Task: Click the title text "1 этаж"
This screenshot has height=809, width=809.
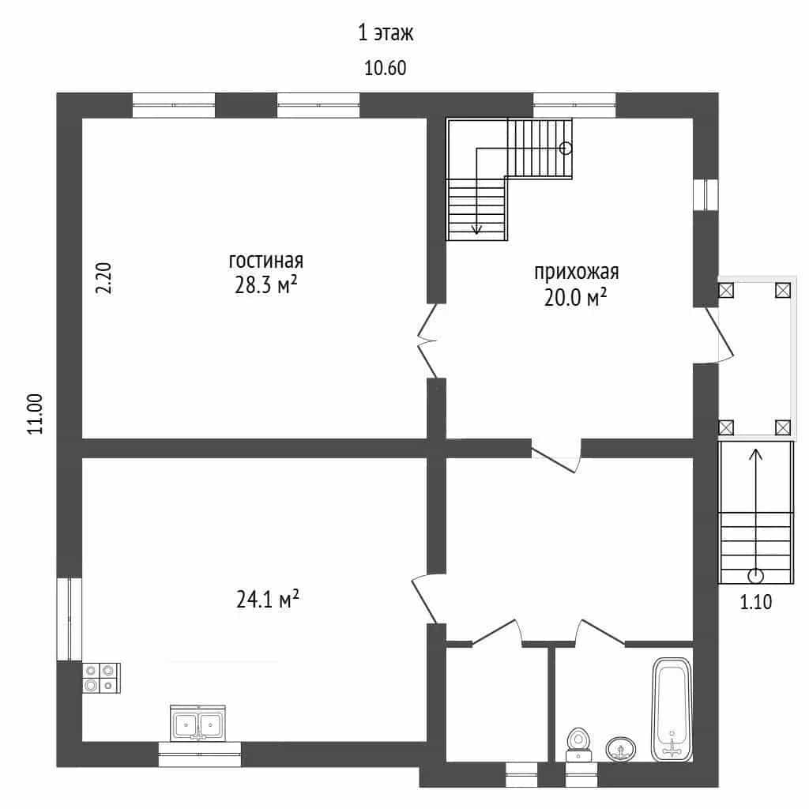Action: (386, 33)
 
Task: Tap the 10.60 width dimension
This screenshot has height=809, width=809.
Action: (386, 68)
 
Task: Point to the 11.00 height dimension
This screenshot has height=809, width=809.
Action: (35, 414)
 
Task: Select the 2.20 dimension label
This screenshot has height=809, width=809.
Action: (103, 278)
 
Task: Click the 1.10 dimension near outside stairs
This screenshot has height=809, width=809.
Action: (756, 602)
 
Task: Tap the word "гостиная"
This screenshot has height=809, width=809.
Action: (265, 261)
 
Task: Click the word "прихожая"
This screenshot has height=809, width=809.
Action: (576, 272)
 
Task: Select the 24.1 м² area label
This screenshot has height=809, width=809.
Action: (268, 599)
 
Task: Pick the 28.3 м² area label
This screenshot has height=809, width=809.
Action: (265, 284)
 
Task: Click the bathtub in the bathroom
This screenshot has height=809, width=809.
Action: (672, 709)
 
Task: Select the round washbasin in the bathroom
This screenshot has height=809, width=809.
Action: (621, 749)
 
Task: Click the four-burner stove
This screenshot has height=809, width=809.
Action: (102, 678)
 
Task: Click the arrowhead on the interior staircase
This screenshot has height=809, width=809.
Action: (476, 230)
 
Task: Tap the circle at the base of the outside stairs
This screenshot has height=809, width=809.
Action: (756, 575)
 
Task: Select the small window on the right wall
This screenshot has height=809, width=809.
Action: (706, 195)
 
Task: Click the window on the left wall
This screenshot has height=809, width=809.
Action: (70, 619)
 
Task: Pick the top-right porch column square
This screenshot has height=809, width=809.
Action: (783, 291)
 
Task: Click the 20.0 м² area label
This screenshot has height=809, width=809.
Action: (575, 298)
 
